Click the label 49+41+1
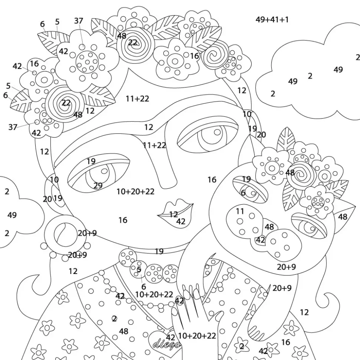(x=272, y=20)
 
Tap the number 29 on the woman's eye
(x=98, y=185)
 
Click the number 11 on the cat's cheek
(x=240, y=211)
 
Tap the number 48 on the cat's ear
(x=343, y=217)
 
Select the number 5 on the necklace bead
(x=139, y=270)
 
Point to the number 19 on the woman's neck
(x=159, y=252)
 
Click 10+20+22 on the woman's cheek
(x=135, y=192)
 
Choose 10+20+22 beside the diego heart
(x=197, y=336)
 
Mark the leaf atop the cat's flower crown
(x=286, y=139)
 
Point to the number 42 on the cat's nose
(x=260, y=240)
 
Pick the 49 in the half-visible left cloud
(x=12, y=215)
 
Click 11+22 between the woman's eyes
(x=154, y=145)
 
